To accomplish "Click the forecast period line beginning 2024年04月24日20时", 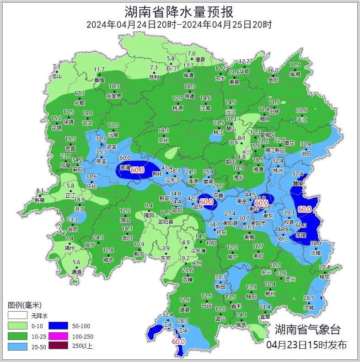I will tap(180, 25).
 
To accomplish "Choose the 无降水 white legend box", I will tap(17, 316).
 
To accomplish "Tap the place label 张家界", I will tap(114, 96).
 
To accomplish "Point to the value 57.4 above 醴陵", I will tap(298, 174).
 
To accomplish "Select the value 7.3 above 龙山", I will tap(57, 67).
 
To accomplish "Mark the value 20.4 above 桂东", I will tap(324, 267).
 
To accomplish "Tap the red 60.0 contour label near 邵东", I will tap(207, 201).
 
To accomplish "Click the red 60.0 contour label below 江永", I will tap(178, 341).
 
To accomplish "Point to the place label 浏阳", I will tap(306, 154).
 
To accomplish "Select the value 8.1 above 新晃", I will tap(40, 191).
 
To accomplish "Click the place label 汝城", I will tap(309, 308).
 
